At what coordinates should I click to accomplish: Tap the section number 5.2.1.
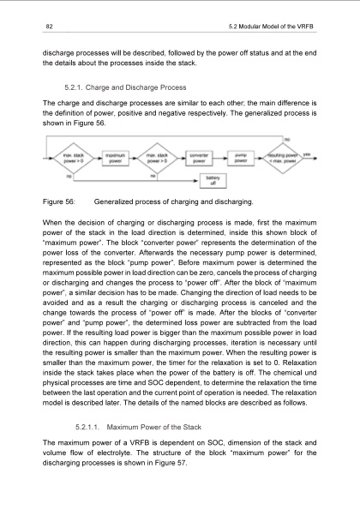[77, 87]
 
